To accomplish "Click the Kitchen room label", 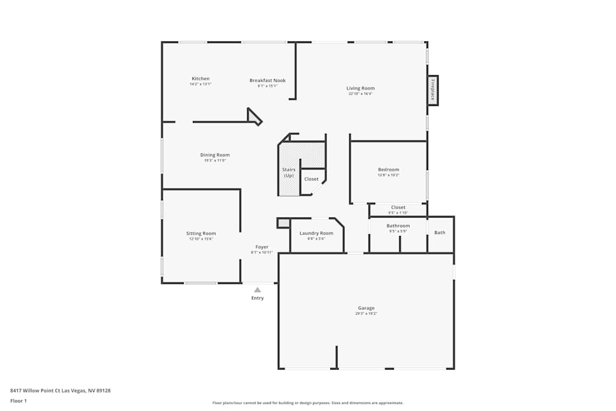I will pyautogui.click(x=200, y=79).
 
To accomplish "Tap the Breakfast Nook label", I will pyautogui.click(x=267, y=81).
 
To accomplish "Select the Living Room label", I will pyautogui.click(x=360, y=88).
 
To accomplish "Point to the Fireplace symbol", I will pyautogui.click(x=433, y=91).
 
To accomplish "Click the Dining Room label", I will pyautogui.click(x=215, y=155).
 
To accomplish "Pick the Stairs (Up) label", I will pyautogui.click(x=289, y=173).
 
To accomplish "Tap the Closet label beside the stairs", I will pyautogui.click(x=312, y=179).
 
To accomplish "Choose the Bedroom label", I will pyautogui.click(x=388, y=169).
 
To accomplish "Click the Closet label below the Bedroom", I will pyautogui.click(x=398, y=208).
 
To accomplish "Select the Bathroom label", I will pyautogui.click(x=398, y=226).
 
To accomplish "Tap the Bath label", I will pyautogui.click(x=440, y=233).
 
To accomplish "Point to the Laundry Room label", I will pyautogui.click(x=316, y=234).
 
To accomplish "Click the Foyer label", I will pyautogui.click(x=262, y=247).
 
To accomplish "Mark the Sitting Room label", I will pyautogui.click(x=201, y=234).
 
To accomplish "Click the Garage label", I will pyautogui.click(x=366, y=308).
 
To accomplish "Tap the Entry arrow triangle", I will pyautogui.click(x=257, y=290).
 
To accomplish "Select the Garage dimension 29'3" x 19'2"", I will pyautogui.click(x=366, y=314).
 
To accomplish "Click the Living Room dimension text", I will pyautogui.click(x=360, y=94).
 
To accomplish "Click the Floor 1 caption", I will pyautogui.click(x=18, y=401).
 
